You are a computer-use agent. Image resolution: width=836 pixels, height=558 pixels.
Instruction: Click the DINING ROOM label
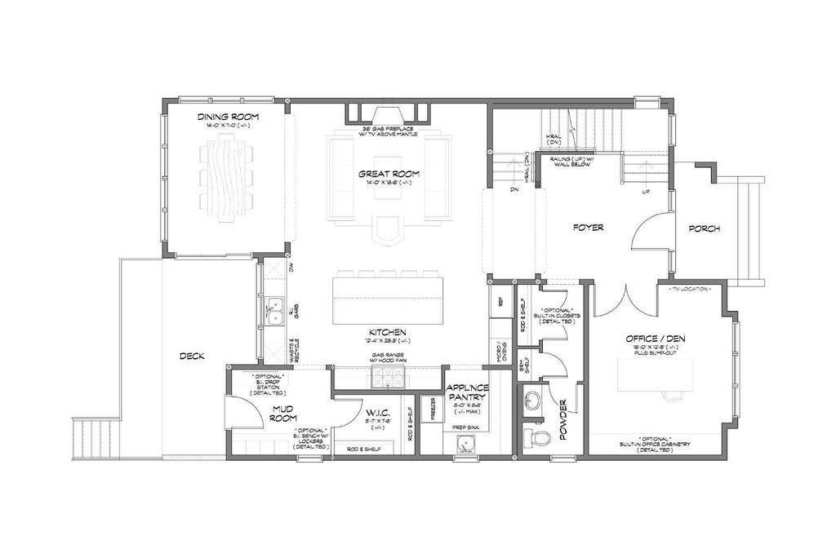(x=224, y=117)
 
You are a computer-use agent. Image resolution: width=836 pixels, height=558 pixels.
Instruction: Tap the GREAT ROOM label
(x=389, y=174)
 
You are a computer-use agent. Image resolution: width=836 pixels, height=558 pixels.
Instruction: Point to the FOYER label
(x=588, y=228)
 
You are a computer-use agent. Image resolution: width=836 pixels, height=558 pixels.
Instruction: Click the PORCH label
(x=704, y=228)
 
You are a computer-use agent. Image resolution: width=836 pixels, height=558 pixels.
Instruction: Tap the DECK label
(x=192, y=356)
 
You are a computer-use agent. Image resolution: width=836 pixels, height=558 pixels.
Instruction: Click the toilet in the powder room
(x=537, y=438)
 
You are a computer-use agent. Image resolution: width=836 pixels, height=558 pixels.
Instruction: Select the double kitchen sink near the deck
(x=275, y=311)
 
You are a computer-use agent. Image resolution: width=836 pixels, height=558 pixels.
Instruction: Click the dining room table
(x=224, y=178)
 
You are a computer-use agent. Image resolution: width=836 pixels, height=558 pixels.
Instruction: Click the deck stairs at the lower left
(x=88, y=439)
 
